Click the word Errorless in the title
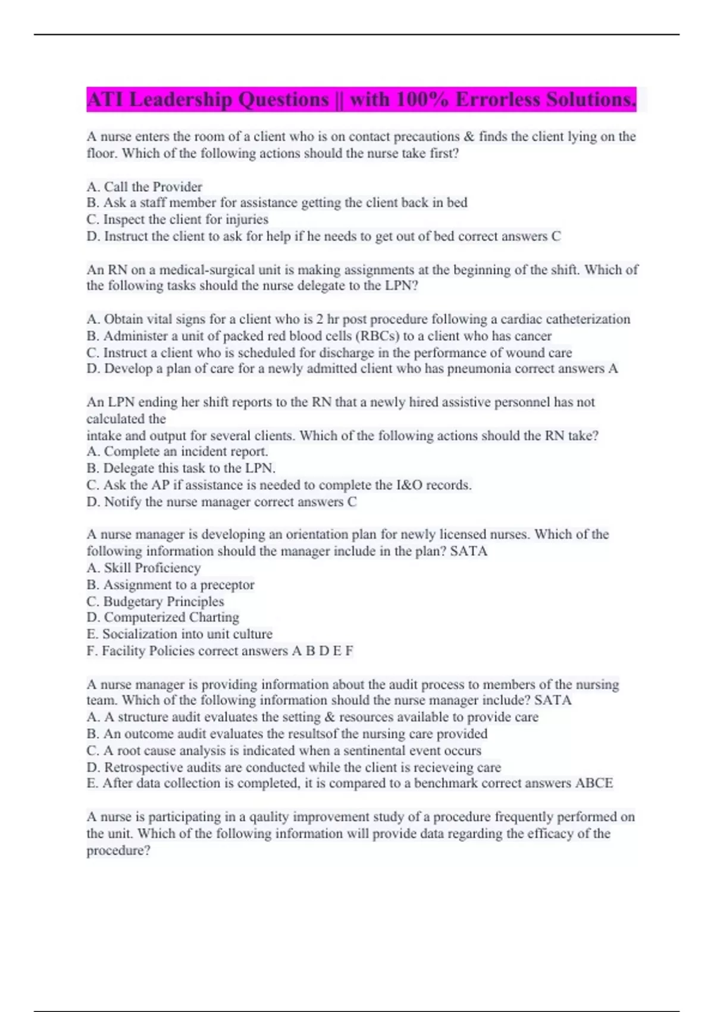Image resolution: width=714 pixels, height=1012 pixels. (499, 99)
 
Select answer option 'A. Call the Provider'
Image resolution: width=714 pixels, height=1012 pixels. (145, 186)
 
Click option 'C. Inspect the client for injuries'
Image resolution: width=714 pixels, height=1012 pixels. (177, 220)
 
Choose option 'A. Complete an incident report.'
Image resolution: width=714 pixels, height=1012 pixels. (177, 452)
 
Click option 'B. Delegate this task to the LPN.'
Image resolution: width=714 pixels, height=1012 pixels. (181, 468)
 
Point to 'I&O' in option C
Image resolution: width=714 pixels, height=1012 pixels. (409, 485)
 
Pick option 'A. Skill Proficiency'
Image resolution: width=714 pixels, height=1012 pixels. (144, 568)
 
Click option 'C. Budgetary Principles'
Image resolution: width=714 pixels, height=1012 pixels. (155, 601)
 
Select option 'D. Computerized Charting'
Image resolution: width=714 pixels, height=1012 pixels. (163, 617)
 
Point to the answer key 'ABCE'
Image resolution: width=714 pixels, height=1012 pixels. (594, 783)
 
